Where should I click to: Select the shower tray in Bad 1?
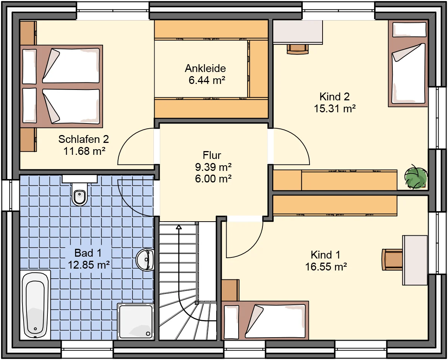coord(136,322)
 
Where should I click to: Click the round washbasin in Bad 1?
coord(145,260)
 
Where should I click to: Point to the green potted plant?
coord(416,178)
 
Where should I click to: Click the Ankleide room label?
coord(205,69)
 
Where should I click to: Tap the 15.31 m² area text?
coord(335,109)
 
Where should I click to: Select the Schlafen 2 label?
coord(84,139)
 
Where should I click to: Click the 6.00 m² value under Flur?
coord(213,179)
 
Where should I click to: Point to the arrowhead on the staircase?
coord(178,227)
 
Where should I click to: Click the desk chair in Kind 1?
coord(392,260)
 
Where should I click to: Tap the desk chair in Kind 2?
coord(298,49)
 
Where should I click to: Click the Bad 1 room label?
coord(88,253)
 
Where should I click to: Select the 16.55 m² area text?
coord(326,267)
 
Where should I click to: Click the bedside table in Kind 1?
coord(230,290)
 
